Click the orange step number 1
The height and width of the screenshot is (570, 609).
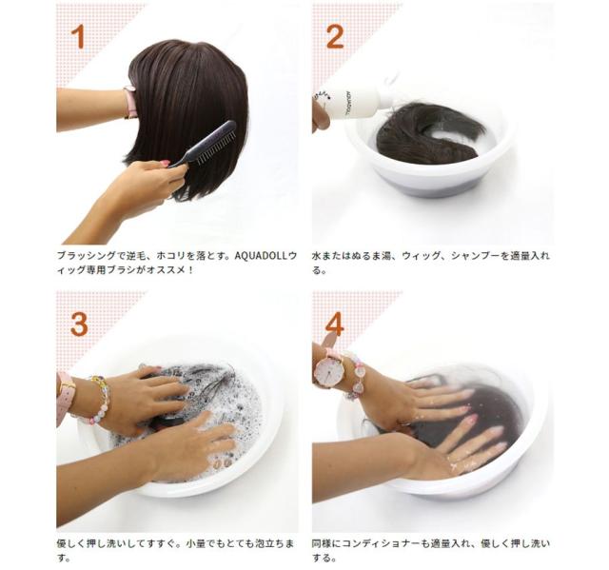click(78, 36)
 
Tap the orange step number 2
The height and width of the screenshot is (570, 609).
click(335, 36)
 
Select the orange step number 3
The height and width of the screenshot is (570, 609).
click(79, 324)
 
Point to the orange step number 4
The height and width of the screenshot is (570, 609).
click(334, 324)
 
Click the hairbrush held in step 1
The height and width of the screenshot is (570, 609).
click(204, 144)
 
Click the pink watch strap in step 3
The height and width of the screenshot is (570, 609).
click(64, 396)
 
